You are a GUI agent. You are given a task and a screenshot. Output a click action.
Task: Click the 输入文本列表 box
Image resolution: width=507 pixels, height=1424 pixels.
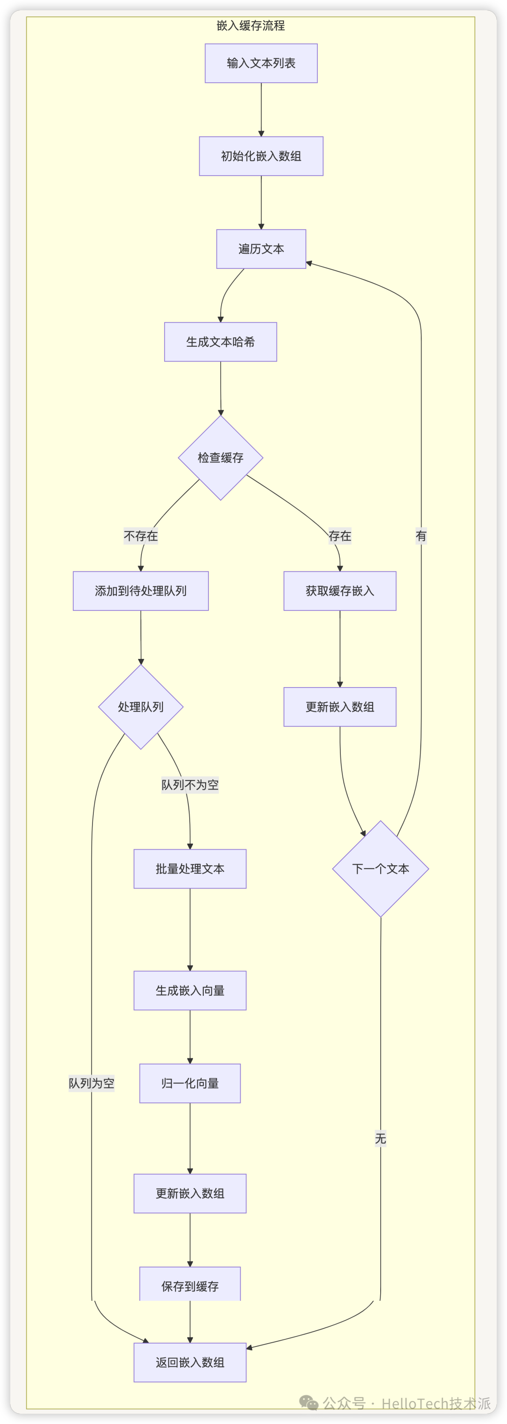(261, 63)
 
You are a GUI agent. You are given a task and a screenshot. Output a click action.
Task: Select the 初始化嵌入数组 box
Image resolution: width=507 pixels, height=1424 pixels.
(261, 156)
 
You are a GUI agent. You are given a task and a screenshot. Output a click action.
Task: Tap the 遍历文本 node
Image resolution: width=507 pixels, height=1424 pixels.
(261, 249)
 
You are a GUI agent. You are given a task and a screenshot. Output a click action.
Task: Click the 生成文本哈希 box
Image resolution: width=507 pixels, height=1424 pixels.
(220, 342)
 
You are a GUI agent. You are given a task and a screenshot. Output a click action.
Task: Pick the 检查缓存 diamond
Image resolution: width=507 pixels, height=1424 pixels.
(220, 457)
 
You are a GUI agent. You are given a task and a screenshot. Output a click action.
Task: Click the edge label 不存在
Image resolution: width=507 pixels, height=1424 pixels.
(141, 536)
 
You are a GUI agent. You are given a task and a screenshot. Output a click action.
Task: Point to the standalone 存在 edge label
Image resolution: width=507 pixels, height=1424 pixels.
(340, 536)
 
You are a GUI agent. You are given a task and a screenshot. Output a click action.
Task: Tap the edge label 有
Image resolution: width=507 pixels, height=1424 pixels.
(421, 536)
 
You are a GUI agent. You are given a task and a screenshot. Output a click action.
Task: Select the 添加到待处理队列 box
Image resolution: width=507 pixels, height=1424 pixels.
(141, 590)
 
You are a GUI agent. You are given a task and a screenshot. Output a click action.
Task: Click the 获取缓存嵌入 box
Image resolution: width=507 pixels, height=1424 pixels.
(340, 590)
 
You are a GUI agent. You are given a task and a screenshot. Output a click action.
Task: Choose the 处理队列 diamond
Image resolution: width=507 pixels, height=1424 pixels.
(141, 706)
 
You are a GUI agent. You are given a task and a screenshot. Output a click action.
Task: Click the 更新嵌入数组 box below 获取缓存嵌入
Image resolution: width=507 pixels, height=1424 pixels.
(340, 706)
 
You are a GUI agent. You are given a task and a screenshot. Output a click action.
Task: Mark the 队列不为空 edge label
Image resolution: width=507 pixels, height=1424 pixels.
(190, 784)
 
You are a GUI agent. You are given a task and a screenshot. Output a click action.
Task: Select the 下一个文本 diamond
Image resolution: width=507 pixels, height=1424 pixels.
(381, 868)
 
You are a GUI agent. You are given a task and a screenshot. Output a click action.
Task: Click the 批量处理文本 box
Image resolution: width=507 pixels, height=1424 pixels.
(190, 868)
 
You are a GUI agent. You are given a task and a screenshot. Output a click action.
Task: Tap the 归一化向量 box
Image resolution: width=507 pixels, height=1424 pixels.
(190, 1083)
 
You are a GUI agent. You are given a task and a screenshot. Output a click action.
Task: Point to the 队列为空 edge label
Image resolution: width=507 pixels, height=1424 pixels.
(92, 1083)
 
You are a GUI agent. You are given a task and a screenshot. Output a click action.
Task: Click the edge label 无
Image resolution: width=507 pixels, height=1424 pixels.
(381, 1138)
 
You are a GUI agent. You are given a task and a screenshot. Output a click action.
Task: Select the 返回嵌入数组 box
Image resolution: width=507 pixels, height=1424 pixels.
(190, 1362)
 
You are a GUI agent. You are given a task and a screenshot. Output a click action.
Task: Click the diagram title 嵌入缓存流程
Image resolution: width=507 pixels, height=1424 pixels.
(251, 25)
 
